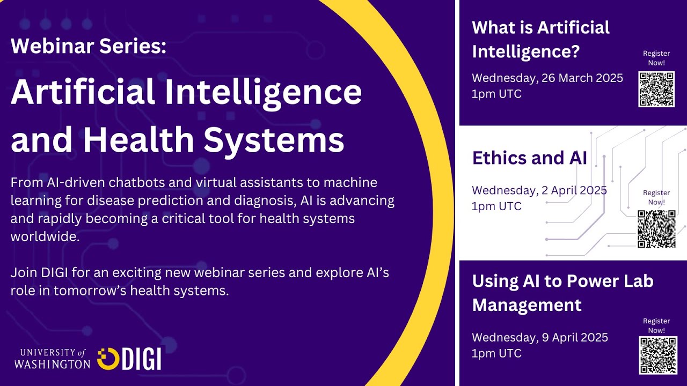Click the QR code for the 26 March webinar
656,89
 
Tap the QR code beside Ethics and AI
656,229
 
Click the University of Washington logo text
52,358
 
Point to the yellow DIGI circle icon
108,359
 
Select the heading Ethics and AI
529,158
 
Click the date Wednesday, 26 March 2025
547,78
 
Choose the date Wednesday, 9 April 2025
540,337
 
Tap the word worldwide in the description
45,237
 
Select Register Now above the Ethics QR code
656,197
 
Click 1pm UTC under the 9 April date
496,353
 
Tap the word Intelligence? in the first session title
526,52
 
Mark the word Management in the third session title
527,305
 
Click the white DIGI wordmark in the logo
141,359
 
